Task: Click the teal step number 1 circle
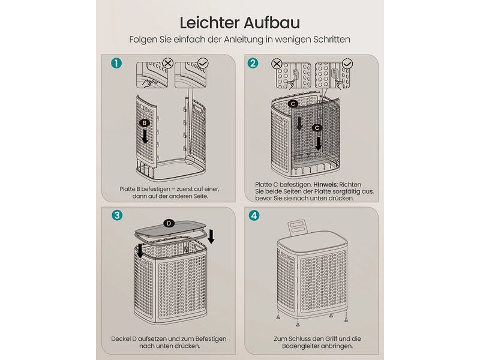point(116,64)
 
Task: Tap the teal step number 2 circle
point(253,64)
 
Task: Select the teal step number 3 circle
point(116,215)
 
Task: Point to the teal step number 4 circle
point(254,215)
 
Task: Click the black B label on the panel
point(145,123)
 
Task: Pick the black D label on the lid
point(169,223)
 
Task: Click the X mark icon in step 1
point(168,64)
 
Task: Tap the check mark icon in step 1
point(203,64)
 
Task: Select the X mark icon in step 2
point(277,64)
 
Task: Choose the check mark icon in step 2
point(347,64)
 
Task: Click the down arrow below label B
point(145,136)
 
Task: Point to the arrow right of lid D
point(211,236)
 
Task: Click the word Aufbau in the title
point(272,23)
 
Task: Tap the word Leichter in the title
point(209,23)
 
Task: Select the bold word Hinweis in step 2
point(325,185)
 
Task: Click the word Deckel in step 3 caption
point(121,339)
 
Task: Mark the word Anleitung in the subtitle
point(244,40)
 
